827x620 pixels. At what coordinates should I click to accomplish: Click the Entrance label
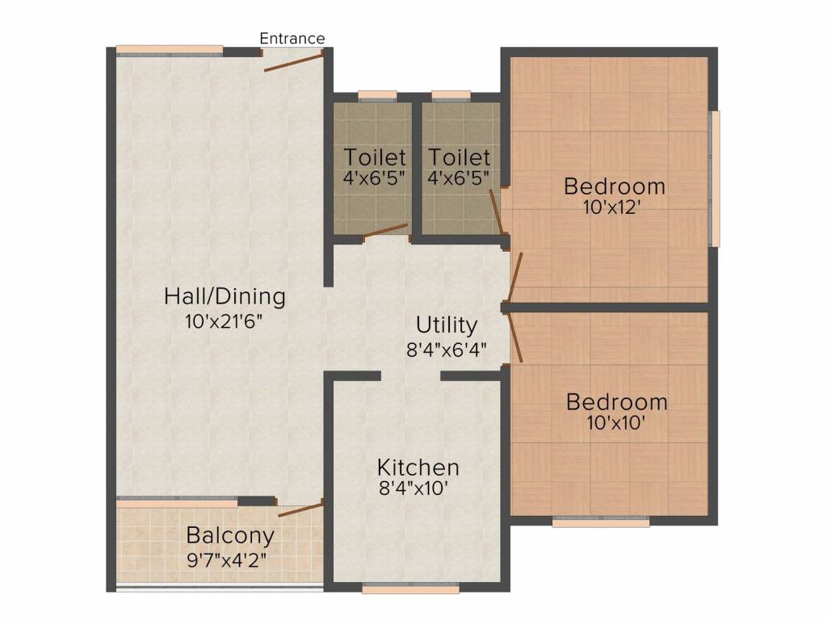(292, 39)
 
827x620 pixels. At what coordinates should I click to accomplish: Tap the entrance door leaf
(293, 61)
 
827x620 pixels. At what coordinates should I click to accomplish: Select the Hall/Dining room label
(225, 296)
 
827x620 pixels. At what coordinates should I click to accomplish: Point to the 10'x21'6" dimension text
(224, 321)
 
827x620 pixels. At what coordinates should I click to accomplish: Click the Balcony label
(230, 536)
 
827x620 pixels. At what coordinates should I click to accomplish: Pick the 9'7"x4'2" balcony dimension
(227, 560)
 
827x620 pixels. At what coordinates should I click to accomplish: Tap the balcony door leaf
(300, 510)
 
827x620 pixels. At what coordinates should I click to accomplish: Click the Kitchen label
(418, 467)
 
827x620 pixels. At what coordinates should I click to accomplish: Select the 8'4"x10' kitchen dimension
(414, 488)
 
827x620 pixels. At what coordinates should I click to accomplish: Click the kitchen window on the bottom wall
(411, 588)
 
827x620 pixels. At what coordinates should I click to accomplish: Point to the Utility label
(446, 325)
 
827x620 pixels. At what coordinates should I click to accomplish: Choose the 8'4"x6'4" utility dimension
(446, 350)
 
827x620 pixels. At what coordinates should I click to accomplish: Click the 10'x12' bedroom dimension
(612, 207)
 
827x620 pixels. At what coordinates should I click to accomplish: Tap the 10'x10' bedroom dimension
(616, 422)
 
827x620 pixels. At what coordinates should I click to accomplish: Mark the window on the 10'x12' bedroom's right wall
(716, 178)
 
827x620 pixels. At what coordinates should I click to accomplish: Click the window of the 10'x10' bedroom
(601, 522)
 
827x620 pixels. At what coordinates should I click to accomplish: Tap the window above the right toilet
(451, 95)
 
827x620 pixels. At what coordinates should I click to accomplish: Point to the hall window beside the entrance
(170, 51)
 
